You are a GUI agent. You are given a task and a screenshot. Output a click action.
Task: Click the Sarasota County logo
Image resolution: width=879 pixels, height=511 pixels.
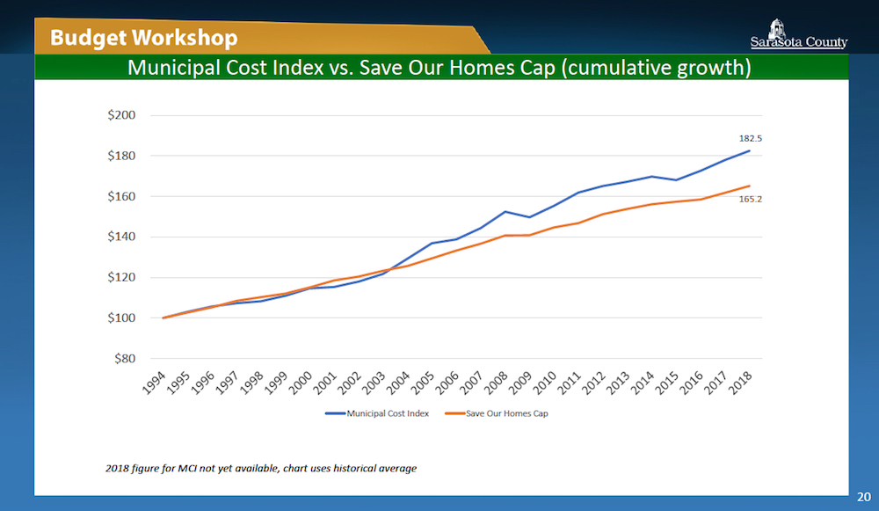coord(798,33)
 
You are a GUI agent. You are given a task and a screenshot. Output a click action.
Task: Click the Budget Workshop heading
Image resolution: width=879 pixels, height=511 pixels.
coord(143,38)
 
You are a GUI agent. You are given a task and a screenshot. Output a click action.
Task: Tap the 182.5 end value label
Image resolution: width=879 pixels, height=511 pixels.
coord(750,138)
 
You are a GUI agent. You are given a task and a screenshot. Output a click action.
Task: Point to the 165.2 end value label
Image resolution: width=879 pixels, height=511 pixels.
coord(750,200)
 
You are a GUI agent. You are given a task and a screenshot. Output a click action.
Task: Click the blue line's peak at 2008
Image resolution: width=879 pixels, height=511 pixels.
coord(505,211)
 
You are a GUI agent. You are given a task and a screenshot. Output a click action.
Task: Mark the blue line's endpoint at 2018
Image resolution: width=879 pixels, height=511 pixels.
coord(749,150)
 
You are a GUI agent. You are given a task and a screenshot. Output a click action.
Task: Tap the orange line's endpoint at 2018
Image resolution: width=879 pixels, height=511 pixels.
coord(749,186)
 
